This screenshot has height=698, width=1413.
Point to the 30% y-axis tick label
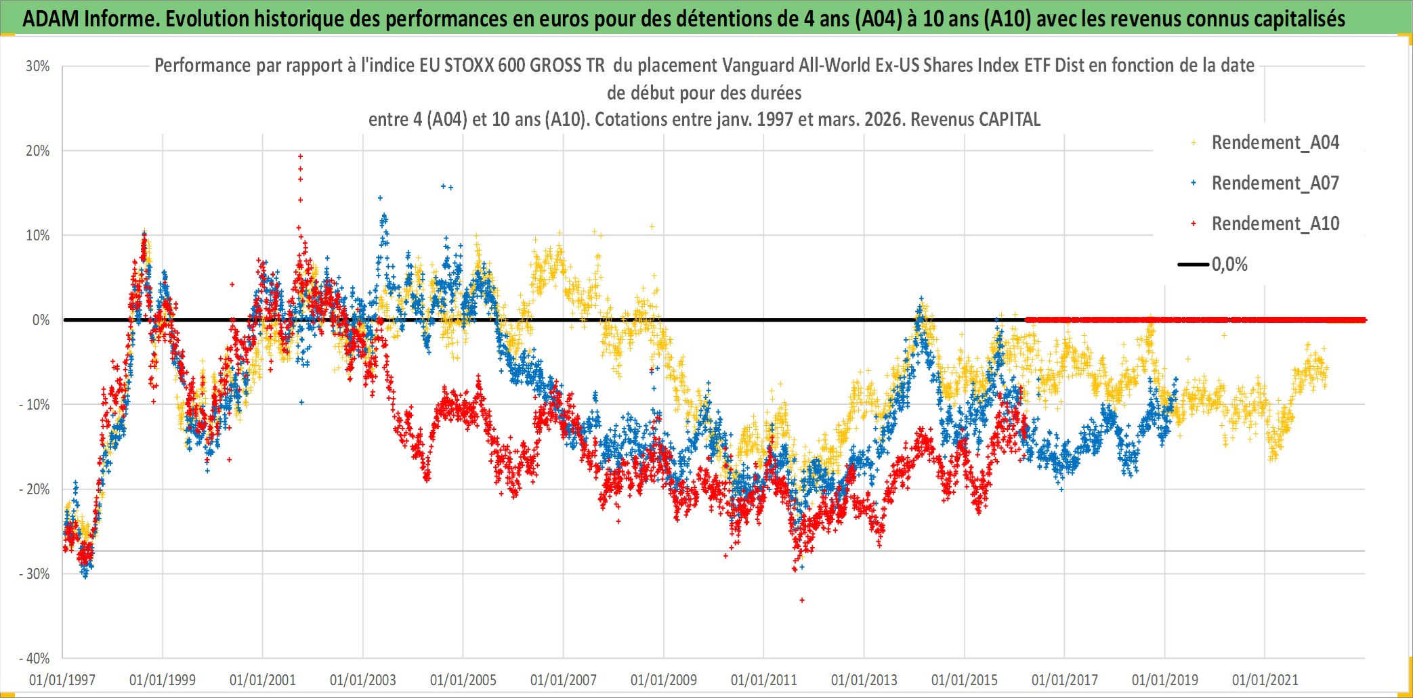[38, 66]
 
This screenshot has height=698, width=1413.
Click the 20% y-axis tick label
[38, 151]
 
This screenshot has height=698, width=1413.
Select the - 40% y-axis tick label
[35, 659]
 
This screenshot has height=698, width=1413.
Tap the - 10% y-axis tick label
[35, 405]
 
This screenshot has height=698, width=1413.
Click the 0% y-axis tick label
[41, 320]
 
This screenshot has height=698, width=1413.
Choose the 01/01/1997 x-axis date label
[62, 680]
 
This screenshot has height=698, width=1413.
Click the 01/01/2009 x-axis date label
[663, 680]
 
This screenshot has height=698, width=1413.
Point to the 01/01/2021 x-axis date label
[1265, 680]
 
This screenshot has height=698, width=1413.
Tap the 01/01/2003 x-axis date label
[362, 680]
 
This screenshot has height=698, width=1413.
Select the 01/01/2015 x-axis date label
[964, 680]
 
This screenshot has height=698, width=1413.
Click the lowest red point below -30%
[802, 601]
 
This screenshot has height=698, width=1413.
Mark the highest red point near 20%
[300, 156]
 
